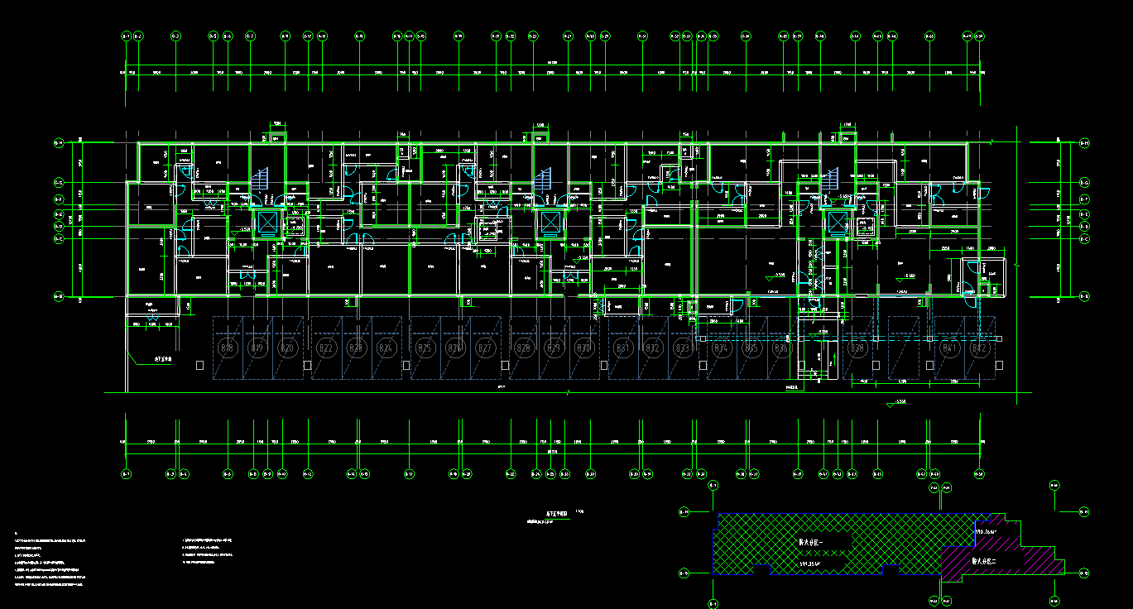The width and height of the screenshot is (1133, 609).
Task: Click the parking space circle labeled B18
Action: pos(227,349)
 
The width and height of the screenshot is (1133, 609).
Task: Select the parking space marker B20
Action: pos(286,349)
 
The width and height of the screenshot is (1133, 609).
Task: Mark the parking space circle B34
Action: pos(722,349)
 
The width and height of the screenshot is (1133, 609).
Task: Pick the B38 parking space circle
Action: pos(858,349)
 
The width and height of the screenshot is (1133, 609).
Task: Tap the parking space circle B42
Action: pos(982,349)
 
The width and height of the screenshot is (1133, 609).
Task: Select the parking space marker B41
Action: pos(950,349)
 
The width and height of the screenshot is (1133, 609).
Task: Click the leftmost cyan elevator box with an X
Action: pos(268,223)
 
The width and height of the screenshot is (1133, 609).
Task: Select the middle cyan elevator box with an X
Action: pos(550,223)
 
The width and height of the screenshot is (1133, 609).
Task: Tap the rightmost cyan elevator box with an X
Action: pos(838,223)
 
